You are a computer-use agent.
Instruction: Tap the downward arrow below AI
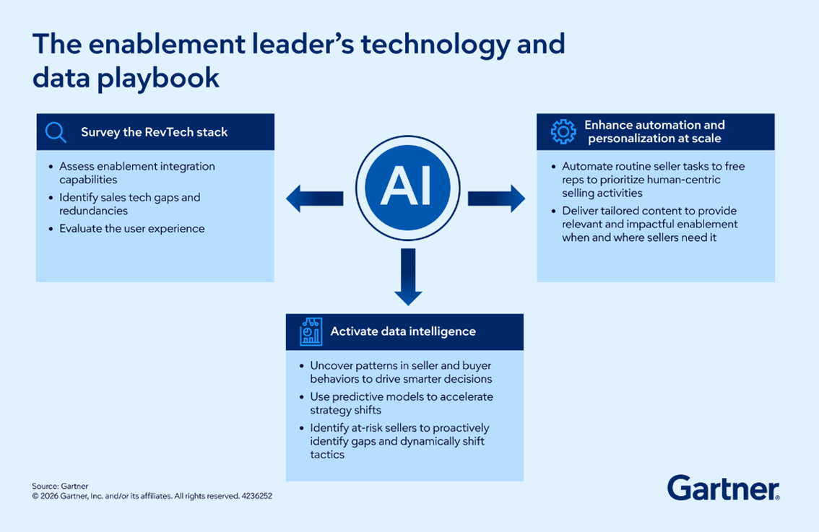pos(408,276)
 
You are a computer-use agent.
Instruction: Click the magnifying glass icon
pos(56,132)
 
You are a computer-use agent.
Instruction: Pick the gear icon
pos(563,132)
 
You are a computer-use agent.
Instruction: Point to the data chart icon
pos(311,331)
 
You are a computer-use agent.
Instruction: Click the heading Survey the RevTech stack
pos(154,132)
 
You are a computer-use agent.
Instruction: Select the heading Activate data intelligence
pos(403,331)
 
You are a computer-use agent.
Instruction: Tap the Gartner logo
pos(723,488)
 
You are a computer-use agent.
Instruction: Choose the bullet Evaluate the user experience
pos(131,229)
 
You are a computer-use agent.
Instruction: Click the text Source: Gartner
pos(60,487)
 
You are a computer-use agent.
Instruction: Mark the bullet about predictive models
pos(401,403)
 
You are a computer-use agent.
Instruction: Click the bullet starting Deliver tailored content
pos(649,224)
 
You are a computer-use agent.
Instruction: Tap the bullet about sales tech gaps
pos(129,204)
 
